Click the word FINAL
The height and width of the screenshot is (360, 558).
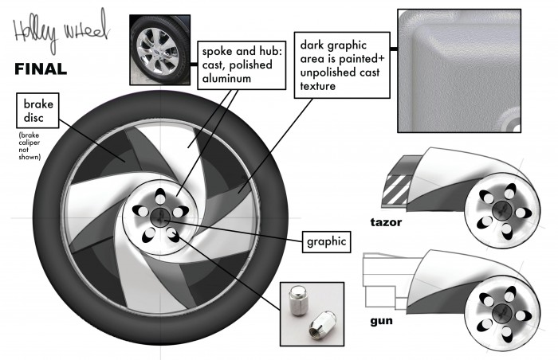tap(41, 69)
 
